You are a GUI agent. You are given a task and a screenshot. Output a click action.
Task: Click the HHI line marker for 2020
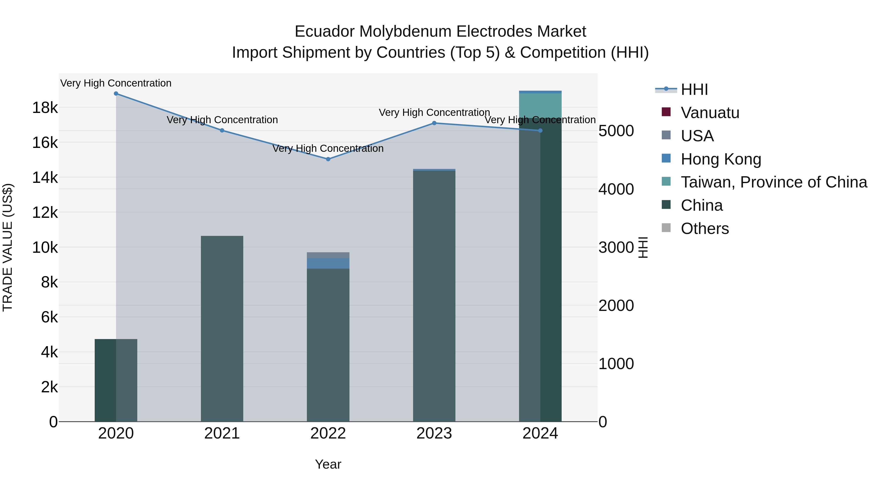coord(116,94)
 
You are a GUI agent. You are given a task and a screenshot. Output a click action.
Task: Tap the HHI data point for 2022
coord(328,159)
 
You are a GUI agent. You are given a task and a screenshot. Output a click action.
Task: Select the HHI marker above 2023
coord(434,123)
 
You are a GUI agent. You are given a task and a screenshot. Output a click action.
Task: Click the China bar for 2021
coord(222,328)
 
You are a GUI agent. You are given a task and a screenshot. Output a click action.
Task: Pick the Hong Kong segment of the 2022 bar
coord(328,263)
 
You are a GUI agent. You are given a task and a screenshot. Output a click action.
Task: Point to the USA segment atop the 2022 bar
coord(328,255)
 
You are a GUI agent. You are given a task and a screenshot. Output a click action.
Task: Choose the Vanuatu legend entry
coord(710,113)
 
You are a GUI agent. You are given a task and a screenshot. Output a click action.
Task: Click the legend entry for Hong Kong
coord(721,159)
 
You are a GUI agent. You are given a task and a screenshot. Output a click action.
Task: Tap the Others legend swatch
coord(666,228)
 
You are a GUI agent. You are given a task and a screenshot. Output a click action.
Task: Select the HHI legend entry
coord(694,89)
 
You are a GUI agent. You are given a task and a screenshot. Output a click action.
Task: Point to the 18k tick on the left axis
coord(45,108)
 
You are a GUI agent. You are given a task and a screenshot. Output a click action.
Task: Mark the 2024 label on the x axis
coord(540,433)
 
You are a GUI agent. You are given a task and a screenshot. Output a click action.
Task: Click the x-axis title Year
coord(328,464)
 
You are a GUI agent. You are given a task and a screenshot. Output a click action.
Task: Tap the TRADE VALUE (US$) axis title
coord(8,247)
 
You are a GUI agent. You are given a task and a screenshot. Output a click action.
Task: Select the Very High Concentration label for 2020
coord(116,83)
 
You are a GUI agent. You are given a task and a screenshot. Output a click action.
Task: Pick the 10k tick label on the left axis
coord(45,247)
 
